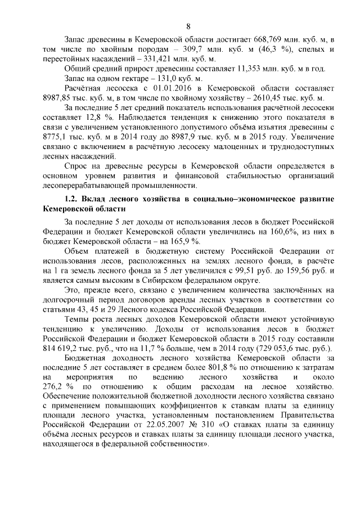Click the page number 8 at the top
pyautogui.click(x=188, y=26)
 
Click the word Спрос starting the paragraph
pyautogui.click(x=78, y=168)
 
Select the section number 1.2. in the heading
pyautogui.click(x=72, y=199)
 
